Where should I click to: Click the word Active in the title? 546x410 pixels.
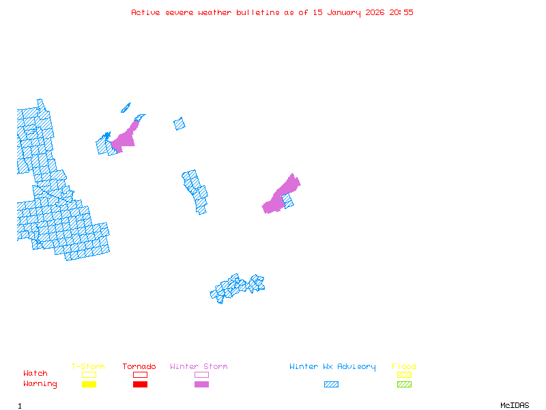pos(146,12)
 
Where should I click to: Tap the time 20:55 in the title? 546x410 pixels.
pos(401,12)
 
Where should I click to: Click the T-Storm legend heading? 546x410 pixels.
pos(88,367)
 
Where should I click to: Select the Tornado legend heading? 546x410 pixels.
pos(139,367)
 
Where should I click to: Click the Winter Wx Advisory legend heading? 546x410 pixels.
pos(332,367)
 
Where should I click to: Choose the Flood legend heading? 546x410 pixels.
pos(404,367)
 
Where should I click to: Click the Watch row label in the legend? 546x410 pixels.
pos(35,374)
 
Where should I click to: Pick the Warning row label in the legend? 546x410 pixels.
pos(40,384)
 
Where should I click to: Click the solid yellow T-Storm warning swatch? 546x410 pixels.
pos(89,385)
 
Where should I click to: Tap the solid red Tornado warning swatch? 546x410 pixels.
pos(140,385)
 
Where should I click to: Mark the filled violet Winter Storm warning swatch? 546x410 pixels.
pos(201,385)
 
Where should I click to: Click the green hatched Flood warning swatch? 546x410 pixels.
pos(404,385)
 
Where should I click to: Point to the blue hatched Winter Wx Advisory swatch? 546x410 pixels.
pos(331,385)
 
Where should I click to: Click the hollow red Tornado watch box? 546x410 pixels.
pos(140,374)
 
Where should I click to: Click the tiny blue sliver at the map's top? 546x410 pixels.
pos(126,107)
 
